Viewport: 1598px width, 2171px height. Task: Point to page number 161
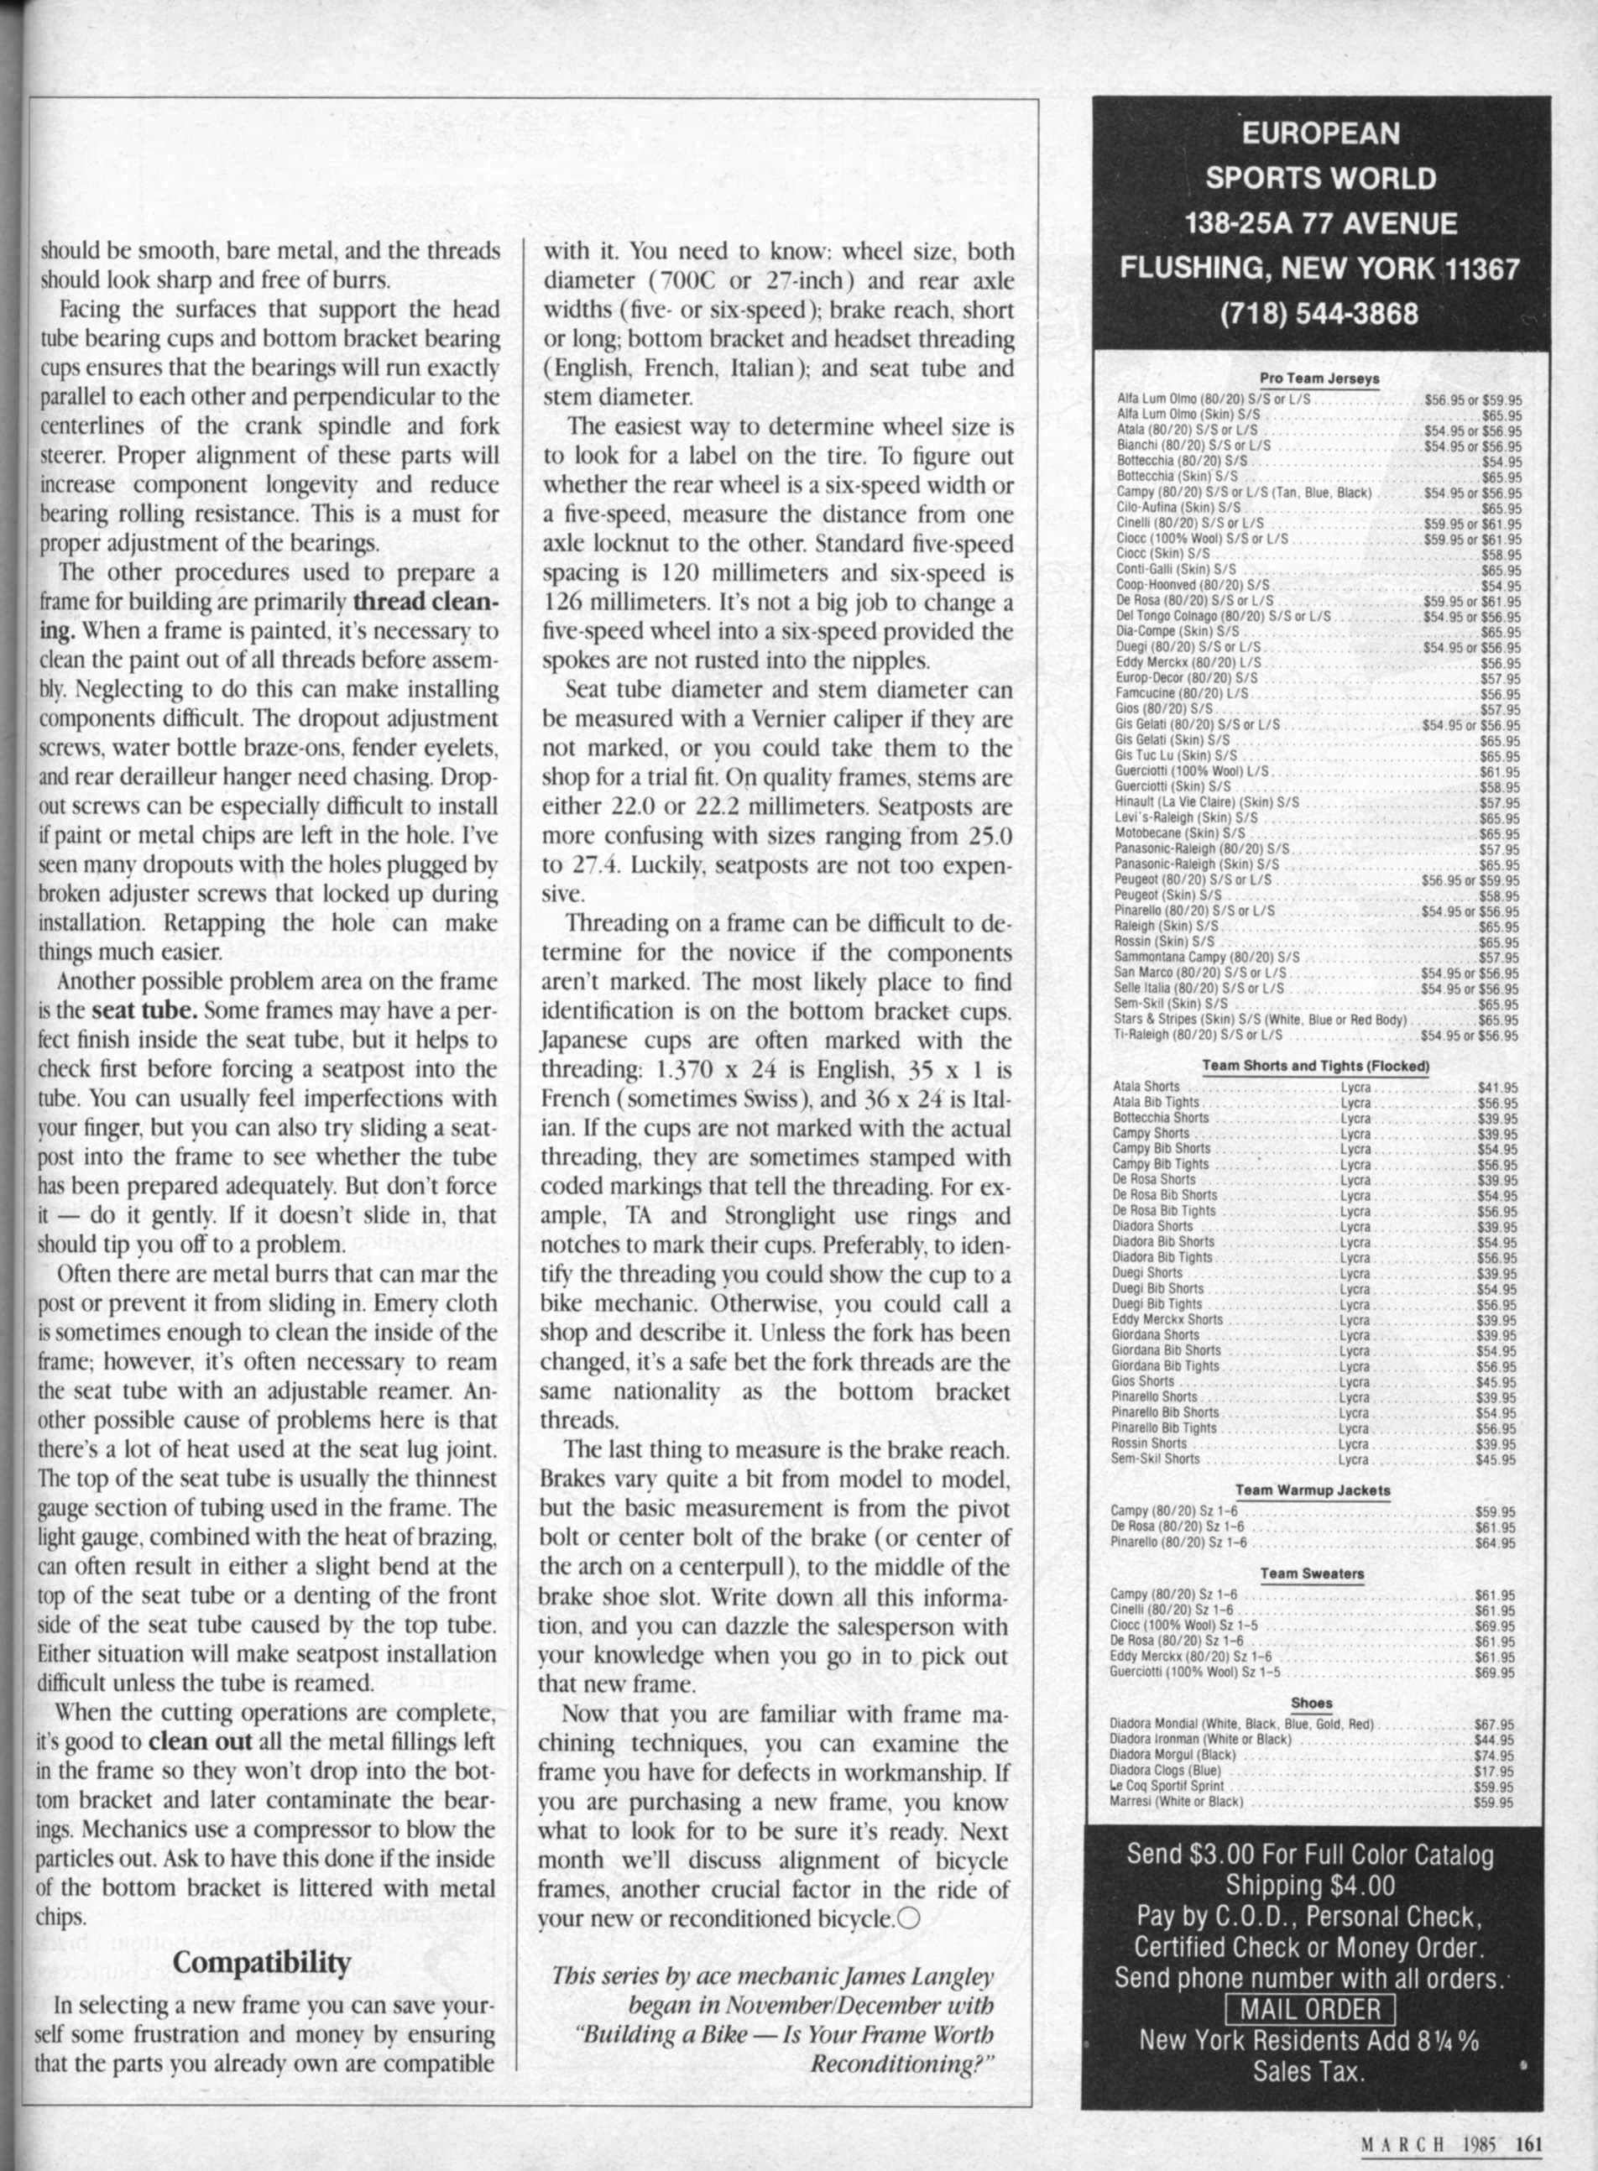(x=1528, y=2142)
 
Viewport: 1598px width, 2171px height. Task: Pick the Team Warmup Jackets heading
(x=1313, y=1490)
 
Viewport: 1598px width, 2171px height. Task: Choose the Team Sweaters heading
(x=1313, y=1573)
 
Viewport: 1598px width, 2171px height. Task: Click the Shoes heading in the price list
(x=1312, y=1703)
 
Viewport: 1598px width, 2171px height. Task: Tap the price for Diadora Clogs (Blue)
(x=1495, y=1771)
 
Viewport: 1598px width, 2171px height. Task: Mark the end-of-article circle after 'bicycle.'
(x=906, y=1918)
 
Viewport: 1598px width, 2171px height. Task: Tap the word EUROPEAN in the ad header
(x=1320, y=133)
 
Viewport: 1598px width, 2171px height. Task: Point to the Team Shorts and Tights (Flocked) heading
(x=1315, y=1066)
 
